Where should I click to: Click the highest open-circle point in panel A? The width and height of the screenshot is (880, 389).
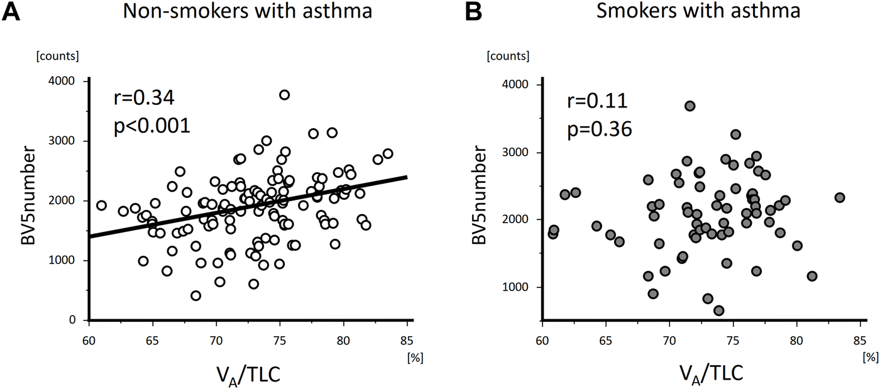click(x=284, y=95)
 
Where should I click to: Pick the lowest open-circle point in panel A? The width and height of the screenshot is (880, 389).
click(x=196, y=295)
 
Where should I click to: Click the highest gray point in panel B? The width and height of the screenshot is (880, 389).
click(x=690, y=106)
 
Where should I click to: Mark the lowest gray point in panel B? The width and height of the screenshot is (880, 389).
click(x=718, y=310)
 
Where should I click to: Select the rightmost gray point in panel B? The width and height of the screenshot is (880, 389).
click(x=839, y=197)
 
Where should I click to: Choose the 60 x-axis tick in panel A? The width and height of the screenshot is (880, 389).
click(x=89, y=343)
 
